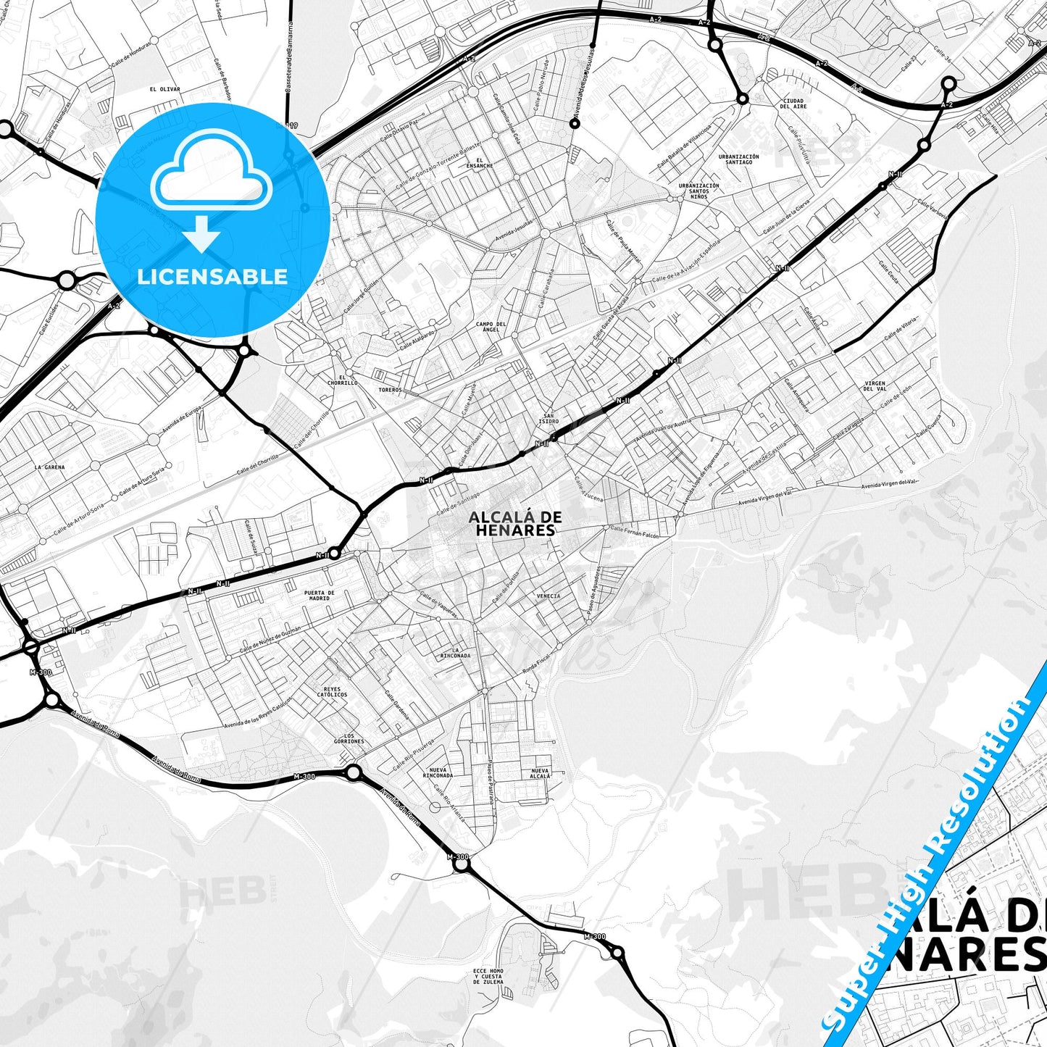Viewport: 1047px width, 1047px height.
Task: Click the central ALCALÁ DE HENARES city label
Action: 514,523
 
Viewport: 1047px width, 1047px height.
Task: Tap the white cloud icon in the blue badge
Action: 211,172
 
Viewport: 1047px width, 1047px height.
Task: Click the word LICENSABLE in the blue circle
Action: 212,277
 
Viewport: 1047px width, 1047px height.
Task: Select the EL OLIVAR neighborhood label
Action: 164,90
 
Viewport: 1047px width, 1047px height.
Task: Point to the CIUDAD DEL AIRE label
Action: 793,104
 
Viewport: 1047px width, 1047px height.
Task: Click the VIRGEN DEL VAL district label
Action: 875,386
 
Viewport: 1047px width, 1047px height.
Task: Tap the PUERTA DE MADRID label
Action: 320,596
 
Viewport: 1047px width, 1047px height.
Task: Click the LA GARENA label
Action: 49,467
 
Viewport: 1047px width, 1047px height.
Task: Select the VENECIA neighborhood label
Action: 548,596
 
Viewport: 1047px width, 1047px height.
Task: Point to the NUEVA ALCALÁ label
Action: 541,773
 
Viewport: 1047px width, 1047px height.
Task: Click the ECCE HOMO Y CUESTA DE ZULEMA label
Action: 488,976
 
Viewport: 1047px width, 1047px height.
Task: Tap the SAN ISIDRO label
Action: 548,419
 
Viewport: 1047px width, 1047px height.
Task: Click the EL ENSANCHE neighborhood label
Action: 480,163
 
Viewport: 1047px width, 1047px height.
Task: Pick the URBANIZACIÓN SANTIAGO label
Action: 738,159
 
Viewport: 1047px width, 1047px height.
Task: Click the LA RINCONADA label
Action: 455,653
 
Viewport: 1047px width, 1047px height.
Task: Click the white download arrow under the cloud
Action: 201,233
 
